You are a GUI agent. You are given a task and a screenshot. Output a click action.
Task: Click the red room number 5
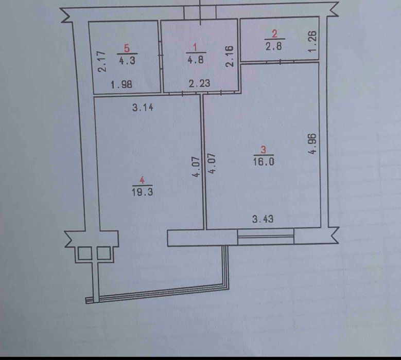click(x=127, y=49)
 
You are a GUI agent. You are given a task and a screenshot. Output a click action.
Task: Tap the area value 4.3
click(x=127, y=60)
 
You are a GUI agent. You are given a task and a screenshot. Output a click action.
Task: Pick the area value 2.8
click(x=274, y=46)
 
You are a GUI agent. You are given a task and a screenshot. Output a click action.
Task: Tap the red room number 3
click(x=263, y=150)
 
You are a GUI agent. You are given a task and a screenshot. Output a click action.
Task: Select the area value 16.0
click(x=263, y=161)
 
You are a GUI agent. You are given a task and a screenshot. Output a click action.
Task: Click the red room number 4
click(x=143, y=180)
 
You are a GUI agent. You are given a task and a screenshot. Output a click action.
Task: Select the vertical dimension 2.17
click(x=102, y=61)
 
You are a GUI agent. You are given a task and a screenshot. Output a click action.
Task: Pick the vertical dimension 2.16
click(x=230, y=56)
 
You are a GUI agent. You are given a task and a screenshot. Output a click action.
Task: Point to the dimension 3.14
click(x=144, y=108)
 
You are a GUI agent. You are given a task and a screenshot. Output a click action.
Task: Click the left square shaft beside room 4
click(x=83, y=253)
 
